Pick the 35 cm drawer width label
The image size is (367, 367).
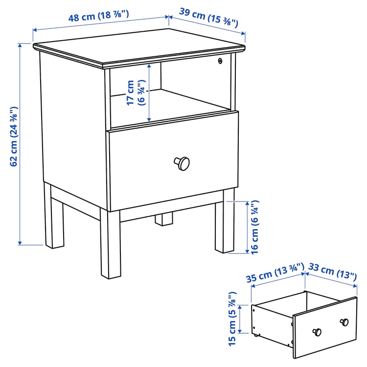(275, 275)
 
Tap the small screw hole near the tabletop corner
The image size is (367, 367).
(220, 61)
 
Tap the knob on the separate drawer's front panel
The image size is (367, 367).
(318, 332)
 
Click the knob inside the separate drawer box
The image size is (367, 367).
(344, 321)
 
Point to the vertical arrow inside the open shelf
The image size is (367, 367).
(149, 93)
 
